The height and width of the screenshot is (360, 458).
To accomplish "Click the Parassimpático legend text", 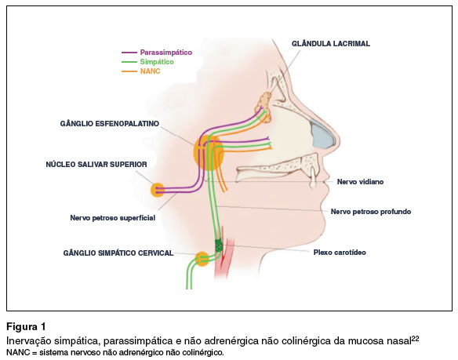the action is coord(166,53).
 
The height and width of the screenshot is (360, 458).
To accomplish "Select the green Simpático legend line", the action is coord(129,62).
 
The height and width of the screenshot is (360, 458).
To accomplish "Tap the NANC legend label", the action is coord(150,71).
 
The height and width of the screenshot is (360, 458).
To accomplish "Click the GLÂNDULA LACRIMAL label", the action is coord(331,44).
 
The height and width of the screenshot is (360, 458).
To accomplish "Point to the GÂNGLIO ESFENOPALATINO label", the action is coord(110,124).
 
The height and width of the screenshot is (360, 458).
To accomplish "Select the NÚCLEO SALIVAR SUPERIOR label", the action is coord(96,164).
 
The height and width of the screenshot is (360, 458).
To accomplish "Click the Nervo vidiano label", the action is coord(360,182).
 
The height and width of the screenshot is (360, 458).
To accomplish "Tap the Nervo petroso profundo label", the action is coord(371,212).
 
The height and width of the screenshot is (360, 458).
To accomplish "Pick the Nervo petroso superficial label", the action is coord(112,218).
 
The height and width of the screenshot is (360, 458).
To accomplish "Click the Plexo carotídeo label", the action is coord(340,253).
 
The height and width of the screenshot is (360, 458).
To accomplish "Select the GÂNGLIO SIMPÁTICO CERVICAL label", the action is coord(118,253).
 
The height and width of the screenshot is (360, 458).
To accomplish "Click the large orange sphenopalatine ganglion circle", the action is coord(209,153).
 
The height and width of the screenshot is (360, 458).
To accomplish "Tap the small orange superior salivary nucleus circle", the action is coord(158,190).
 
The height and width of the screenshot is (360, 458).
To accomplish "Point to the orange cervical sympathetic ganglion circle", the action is coord(202,259).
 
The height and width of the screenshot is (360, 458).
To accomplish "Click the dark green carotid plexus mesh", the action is coord(219,245).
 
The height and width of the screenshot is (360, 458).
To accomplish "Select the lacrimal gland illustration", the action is coord(264,107).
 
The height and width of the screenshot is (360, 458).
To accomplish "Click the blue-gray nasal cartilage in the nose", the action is coord(323,134).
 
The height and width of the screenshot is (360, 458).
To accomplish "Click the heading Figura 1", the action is coord(27,326).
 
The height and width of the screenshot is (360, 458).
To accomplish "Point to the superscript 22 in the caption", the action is coord(415,339).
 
